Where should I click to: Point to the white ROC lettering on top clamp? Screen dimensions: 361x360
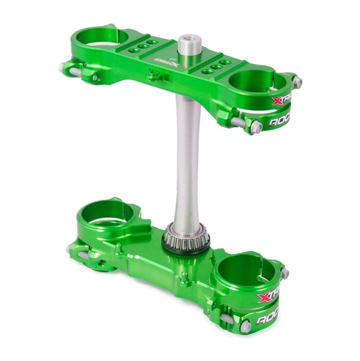click(x=281, y=121)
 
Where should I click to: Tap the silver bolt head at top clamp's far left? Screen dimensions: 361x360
click(x=64, y=67)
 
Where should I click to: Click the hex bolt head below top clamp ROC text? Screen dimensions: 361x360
click(x=255, y=126)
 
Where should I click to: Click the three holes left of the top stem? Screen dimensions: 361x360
click(x=142, y=46)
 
